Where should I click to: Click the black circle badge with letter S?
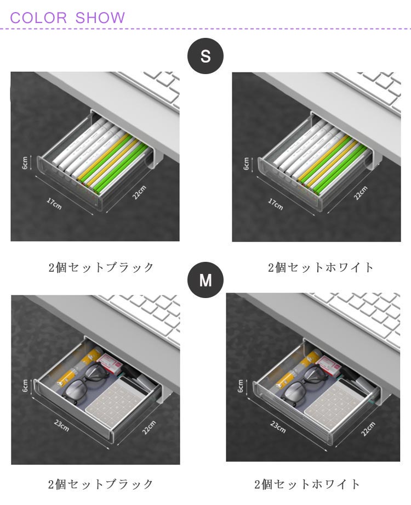[x=205, y=57]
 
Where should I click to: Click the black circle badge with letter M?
[x=205, y=279]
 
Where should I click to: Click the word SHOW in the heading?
[x=100, y=18]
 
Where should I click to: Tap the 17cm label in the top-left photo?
[x=54, y=203]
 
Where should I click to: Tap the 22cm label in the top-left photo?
[x=139, y=192]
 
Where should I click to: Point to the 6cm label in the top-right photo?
[x=247, y=163]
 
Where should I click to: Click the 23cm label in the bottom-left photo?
[x=61, y=425]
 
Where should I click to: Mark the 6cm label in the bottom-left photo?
[x=25, y=385]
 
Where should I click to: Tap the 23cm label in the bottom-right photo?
[x=277, y=427]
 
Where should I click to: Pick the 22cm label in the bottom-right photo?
[x=368, y=429]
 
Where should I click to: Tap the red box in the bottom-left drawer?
[x=110, y=363]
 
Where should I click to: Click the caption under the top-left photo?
[x=101, y=267]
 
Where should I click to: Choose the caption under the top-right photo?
[x=321, y=267]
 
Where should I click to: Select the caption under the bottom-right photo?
[x=307, y=484]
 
